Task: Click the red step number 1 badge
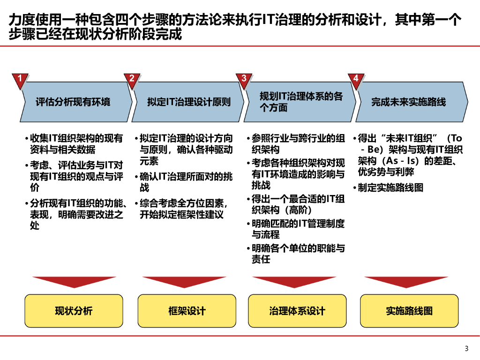click(x=19, y=79)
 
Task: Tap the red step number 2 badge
click(x=132, y=79)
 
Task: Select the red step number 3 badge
click(x=244, y=79)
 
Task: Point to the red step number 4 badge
click(x=356, y=79)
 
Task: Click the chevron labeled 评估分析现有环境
click(x=75, y=102)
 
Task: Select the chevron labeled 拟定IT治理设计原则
click(x=187, y=102)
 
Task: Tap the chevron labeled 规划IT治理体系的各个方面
click(x=300, y=102)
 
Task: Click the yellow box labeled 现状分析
click(x=74, y=311)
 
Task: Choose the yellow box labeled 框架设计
click(x=187, y=311)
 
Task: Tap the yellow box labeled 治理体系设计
click(x=297, y=311)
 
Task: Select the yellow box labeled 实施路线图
click(x=409, y=311)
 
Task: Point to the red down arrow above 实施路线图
click(x=406, y=281)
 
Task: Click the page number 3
click(x=466, y=348)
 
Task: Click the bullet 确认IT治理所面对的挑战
click(x=186, y=182)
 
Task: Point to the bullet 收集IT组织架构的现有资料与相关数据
click(x=75, y=144)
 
